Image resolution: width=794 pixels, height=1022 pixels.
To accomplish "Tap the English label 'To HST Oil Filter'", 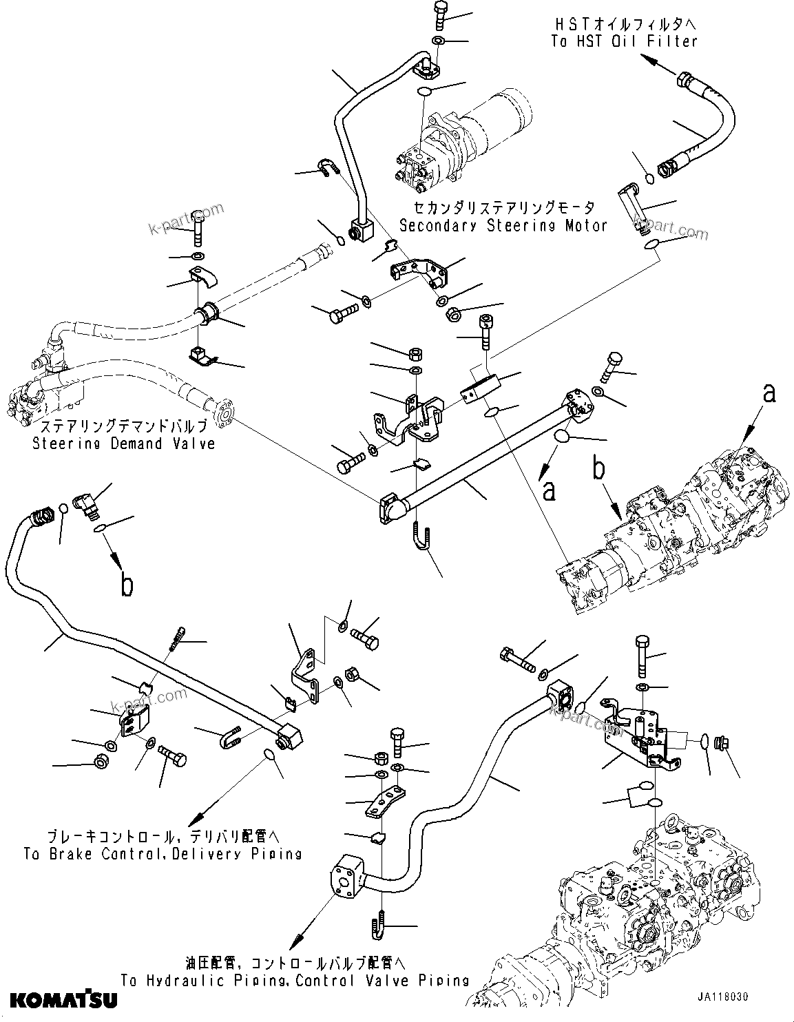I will (624, 41).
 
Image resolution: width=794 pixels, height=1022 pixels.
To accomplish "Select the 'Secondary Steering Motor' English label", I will (503, 225).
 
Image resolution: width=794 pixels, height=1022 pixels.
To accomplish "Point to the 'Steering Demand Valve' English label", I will (124, 444).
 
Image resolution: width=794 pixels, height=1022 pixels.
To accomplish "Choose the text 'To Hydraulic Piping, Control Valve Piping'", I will (295, 981).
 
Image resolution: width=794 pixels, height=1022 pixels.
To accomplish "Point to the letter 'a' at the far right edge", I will (769, 393).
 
